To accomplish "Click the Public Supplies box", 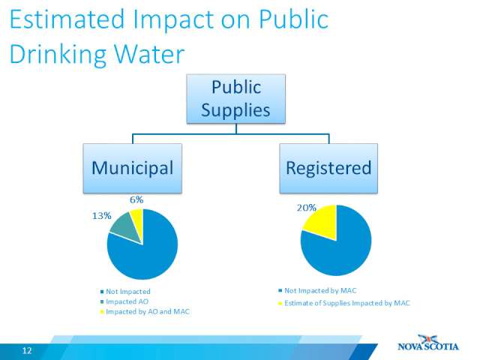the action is [x=236, y=99].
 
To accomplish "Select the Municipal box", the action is [x=133, y=168].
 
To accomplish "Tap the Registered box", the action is [x=328, y=168].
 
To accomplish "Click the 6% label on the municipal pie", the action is [x=136, y=200].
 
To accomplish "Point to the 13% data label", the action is [x=102, y=216].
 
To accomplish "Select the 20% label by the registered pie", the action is [x=307, y=208].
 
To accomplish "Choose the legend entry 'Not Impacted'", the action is [x=125, y=292].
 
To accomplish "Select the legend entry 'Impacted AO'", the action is [x=124, y=301].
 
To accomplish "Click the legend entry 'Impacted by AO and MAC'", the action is [x=145, y=312].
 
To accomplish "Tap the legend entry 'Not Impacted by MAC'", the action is [x=317, y=290].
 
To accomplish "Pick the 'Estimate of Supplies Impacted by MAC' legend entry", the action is [x=344, y=303].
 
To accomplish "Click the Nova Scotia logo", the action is [x=428, y=343].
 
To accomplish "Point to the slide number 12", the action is [x=27, y=350].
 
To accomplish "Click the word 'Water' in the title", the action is [x=149, y=54].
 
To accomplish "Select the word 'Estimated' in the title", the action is [x=67, y=19].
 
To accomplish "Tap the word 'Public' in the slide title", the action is [x=294, y=19].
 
